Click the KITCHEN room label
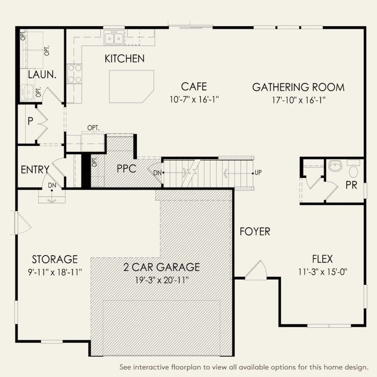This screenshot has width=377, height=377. click(125, 59)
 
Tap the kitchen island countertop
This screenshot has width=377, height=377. click(130, 86)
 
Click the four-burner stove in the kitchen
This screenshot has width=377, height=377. click(74, 74)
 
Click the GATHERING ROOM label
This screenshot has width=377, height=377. click(298, 87)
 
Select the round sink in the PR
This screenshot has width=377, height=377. click(335, 167)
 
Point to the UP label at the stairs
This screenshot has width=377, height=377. click(258, 173)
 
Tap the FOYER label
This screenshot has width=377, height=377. click(255, 232)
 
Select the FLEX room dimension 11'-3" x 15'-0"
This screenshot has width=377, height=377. click(322, 272)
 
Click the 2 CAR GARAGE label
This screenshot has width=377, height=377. click(162, 267)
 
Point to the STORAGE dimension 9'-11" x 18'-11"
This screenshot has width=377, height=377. click(54, 272)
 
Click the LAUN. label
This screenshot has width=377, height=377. click(42, 74)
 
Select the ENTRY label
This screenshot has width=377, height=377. click(35, 170)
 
